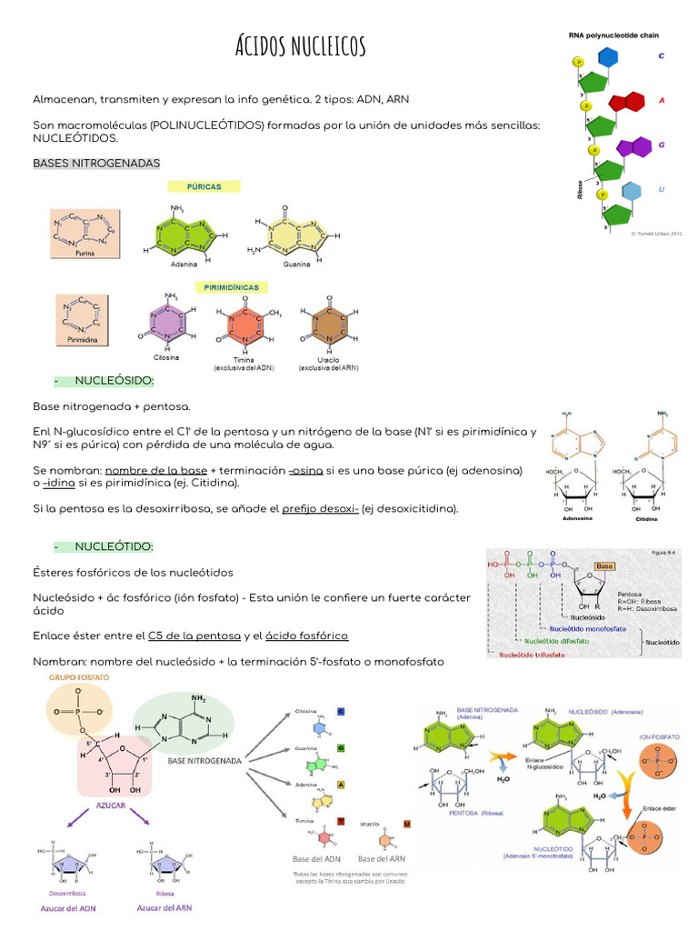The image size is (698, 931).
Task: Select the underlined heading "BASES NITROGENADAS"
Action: (96, 163)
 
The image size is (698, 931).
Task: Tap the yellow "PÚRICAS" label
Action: (204, 186)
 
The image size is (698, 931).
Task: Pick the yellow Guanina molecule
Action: (297, 235)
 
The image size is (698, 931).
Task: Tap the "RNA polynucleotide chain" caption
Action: (614, 35)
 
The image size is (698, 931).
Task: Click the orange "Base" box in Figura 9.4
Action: (603, 566)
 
